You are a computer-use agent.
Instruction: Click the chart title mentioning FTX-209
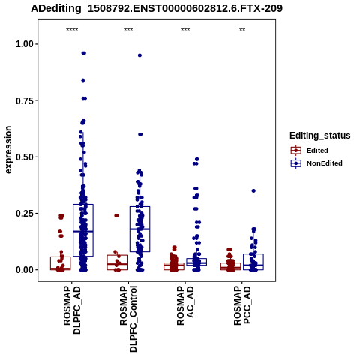(x=157, y=8)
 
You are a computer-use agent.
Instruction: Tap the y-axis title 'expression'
(x=8, y=150)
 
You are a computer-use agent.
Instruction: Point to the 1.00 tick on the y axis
(x=25, y=44)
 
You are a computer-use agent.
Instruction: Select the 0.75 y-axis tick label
(x=25, y=100)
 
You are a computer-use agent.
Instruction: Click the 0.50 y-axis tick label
(x=25, y=157)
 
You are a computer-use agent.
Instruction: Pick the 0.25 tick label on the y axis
(x=25, y=214)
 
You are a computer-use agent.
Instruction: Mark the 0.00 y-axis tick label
(x=25, y=270)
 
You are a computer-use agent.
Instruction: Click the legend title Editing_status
(x=319, y=136)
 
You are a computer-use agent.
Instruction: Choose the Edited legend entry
(x=317, y=151)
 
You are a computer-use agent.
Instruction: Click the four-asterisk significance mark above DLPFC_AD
(x=72, y=30)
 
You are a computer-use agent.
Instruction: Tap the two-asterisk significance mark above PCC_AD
(x=242, y=30)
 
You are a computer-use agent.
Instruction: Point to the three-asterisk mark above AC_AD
(x=185, y=30)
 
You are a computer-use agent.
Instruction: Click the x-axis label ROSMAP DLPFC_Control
(x=128, y=319)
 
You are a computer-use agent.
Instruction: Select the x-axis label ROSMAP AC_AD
(x=185, y=305)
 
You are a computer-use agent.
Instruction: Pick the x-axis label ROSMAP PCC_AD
(x=242, y=305)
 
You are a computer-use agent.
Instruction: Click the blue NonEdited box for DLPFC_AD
(x=93, y=230)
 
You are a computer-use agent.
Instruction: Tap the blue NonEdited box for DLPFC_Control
(x=150, y=229)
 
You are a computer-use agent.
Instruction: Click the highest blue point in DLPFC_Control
(x=139, y=55)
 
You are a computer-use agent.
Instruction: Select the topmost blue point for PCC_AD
(x=253, y=191)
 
